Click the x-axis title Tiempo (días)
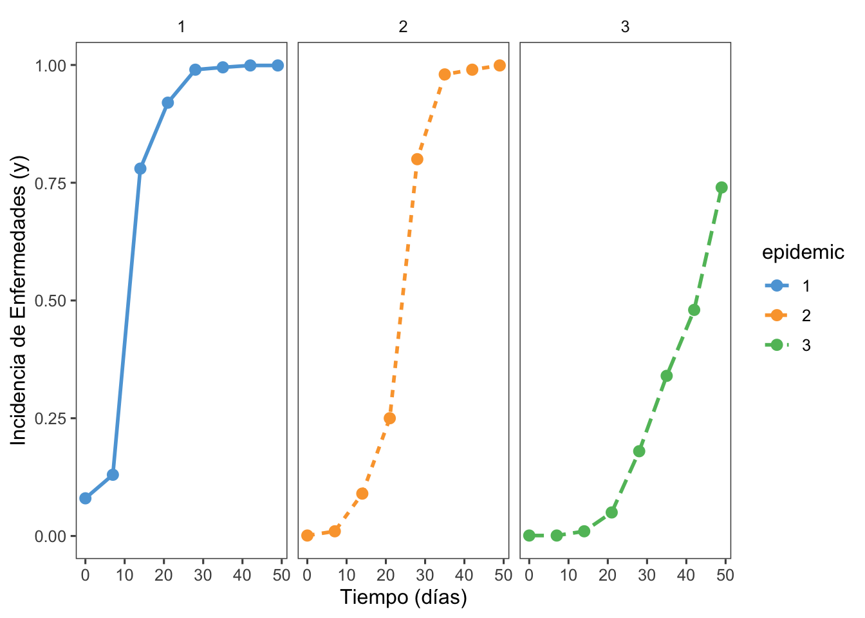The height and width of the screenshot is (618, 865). pos(404,597)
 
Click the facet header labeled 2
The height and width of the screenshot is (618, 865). pos(404,27)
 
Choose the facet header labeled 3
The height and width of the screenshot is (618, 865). pos(625,27)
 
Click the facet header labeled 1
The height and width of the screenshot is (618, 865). pos(181,27)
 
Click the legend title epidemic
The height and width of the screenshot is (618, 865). pos(803,252)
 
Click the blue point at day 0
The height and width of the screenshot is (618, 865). pos(86,498)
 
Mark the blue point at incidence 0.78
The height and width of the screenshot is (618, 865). pos(140,169)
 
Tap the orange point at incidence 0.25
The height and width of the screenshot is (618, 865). pos(390,418)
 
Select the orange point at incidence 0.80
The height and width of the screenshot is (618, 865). pos(417,159)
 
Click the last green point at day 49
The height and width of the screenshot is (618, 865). pos(721,187)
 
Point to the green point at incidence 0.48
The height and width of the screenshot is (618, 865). pos(694,310)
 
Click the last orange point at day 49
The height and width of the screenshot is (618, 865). pos(499,66)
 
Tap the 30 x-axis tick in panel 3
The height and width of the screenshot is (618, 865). pos(647,575)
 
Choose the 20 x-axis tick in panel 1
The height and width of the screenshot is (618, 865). pos(164,575)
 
